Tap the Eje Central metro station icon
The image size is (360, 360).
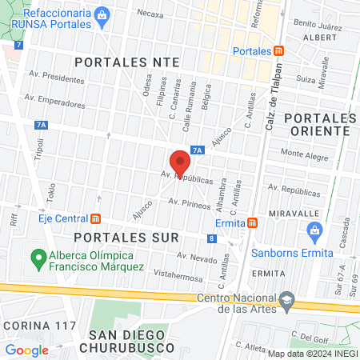(x=96, y=218)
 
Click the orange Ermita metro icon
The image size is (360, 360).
(x=252, y=222)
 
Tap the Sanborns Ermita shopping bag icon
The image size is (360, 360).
(x=314, y=232)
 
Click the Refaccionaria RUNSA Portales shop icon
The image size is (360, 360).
(x=102, y=14)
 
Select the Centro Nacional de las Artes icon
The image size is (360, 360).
(x=286, y=301)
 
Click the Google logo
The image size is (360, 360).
(x=27, y=350)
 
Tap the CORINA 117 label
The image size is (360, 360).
(x=39, y=326)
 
